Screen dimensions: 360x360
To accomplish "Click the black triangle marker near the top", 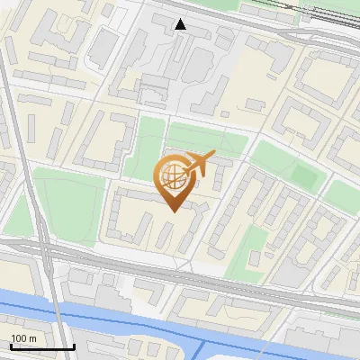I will click(181, 24).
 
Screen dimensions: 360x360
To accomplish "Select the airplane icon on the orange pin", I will click(200, 165).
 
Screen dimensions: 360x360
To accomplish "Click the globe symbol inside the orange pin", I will click(173, 177).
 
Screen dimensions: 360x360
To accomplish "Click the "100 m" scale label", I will click(24, 338).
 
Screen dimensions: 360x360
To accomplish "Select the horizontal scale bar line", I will click(42, 346).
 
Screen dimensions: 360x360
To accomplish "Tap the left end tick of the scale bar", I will click(11, 345).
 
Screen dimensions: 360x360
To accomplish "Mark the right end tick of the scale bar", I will click(74, 345).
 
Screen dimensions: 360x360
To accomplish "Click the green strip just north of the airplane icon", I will click(207, 139).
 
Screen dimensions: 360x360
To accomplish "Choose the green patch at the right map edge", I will click(343, 193).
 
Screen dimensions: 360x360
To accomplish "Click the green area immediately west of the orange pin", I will click(144, 153).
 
